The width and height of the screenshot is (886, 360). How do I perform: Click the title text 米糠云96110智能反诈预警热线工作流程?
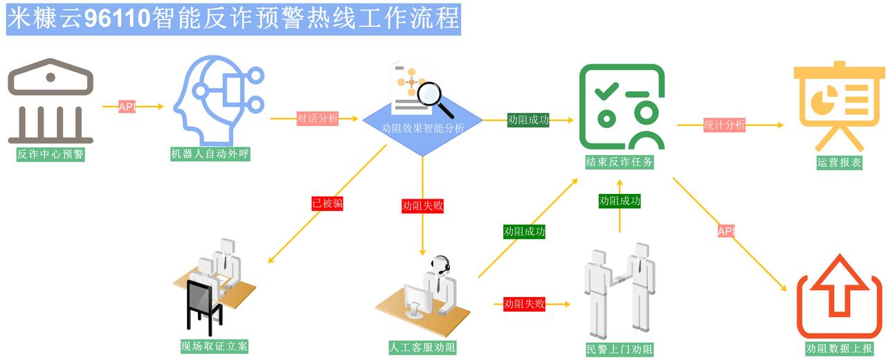[233, 19]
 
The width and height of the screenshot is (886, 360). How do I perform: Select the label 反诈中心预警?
[51, 154]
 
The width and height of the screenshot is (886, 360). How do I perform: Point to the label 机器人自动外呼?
[210, 154]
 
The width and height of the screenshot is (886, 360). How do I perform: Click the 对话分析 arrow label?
[317, 118]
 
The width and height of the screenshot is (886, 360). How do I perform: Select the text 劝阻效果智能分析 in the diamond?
[423, 128]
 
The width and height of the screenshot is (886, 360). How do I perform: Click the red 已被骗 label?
[327, 203]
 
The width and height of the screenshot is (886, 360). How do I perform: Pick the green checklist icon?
[622, 107]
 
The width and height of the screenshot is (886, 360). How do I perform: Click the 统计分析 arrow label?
[724, 125]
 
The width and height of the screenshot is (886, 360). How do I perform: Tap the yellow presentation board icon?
[839, 105]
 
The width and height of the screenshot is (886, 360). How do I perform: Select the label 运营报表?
[839, 163]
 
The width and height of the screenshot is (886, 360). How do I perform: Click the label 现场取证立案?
[214, 346]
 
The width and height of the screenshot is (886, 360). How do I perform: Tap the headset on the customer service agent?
[440, 264]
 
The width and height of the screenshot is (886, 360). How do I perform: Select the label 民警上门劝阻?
[619, 349]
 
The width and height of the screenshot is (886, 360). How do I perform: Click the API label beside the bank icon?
[127, 107]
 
